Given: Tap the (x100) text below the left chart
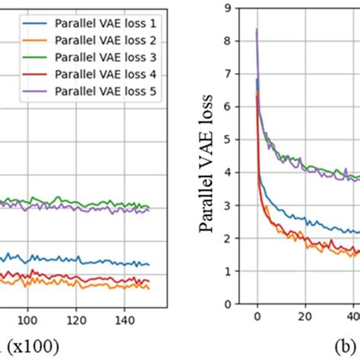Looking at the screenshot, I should tap(30, 346).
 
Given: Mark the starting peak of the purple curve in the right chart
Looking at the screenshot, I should tap(257, 30).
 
